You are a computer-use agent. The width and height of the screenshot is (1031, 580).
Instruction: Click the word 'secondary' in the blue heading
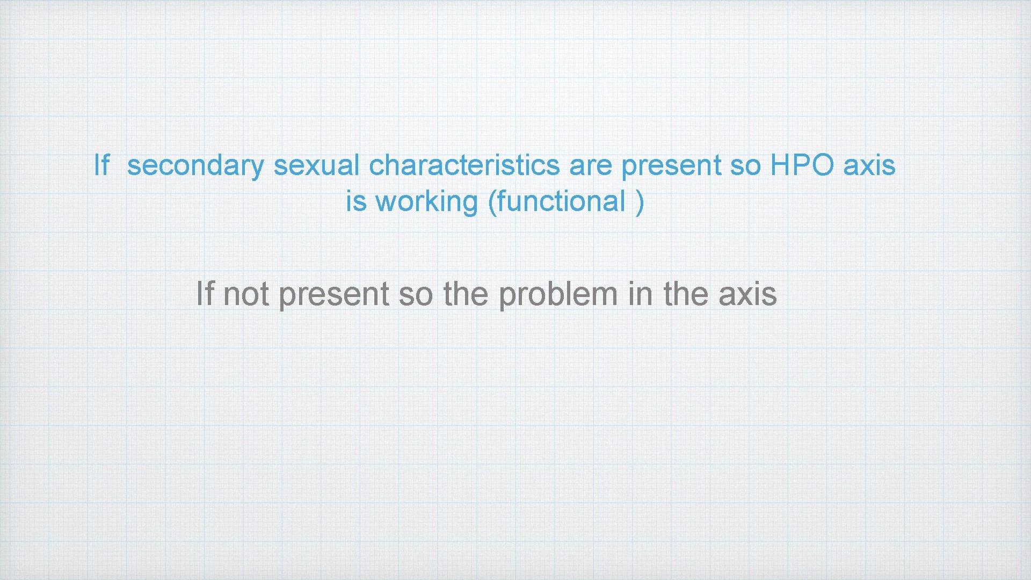(x=195, y=165)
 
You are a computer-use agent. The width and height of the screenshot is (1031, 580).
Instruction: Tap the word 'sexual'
(x=316, y=165)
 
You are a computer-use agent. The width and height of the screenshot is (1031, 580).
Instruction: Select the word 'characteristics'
(x=464, y=165)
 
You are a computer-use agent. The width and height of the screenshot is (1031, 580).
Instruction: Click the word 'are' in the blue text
(x=590, y=165)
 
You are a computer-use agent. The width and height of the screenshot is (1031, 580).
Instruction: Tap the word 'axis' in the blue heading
(x=869, y=165)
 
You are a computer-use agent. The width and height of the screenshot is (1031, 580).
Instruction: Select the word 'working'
(x=426, y=202)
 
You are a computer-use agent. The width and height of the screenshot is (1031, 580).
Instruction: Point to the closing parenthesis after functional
(x=640, y=202)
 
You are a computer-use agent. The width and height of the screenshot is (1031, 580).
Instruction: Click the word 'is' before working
(x=356, y=202)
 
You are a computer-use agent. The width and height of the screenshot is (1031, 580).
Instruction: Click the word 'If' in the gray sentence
(x=205, y=294)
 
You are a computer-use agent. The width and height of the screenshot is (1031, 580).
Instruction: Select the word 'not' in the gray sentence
(x=246, y=295)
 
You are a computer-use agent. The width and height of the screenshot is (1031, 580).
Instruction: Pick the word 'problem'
(x=558, y=295)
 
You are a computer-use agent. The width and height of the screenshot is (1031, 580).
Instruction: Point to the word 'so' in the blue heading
(x=745, y=165)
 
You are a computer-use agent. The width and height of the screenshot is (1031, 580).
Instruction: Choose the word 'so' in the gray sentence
(x=416, y=295)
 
